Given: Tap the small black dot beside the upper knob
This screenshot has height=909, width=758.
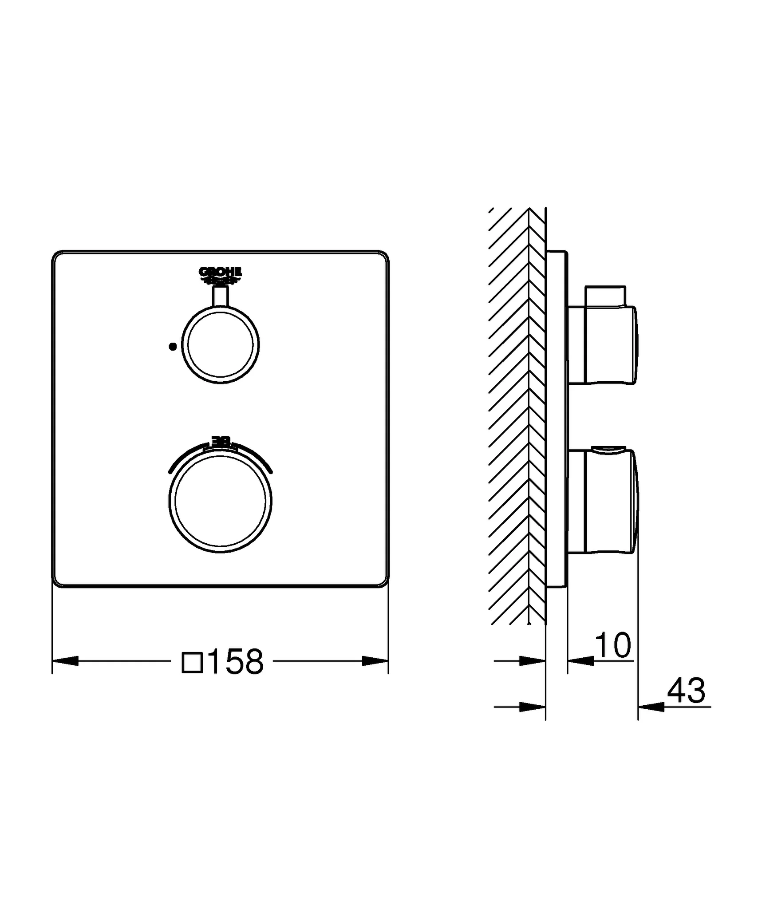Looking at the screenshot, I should point(173,347).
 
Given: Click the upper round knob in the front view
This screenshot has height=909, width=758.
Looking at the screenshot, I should point(221,345).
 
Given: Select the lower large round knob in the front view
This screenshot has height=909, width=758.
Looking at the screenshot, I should point(221,501).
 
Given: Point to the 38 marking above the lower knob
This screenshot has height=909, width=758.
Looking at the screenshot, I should point(221,441).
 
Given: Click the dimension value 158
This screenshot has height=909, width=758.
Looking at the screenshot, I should point(235,661).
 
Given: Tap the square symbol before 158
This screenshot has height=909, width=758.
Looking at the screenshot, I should point(192,662).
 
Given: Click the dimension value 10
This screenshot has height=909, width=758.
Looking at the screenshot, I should point(612,645).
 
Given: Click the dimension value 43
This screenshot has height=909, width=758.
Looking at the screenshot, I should point(686,691).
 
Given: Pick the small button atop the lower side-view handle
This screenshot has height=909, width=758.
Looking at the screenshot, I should point(607,451).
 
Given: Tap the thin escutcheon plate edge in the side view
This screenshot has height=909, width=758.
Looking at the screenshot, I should point(557,417).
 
